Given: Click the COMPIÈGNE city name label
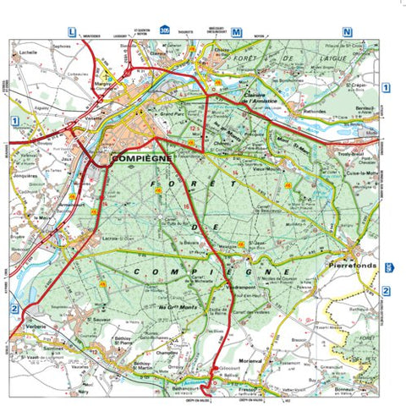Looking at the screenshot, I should click(x=141, y=157).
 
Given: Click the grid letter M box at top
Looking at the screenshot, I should click(x=236, y=32).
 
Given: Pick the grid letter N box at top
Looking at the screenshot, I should click(x=347, y=32).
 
